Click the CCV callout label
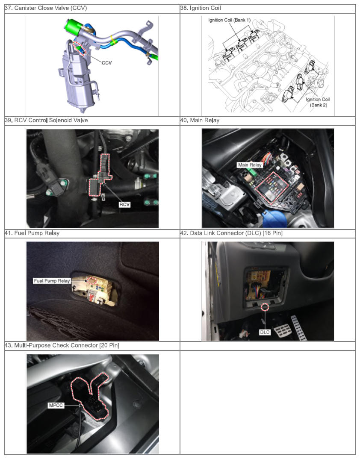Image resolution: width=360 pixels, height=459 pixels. coord(106,63)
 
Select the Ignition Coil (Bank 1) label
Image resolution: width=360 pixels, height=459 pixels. coord(229,20)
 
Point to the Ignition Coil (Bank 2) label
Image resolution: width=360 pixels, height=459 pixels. coord(318,102)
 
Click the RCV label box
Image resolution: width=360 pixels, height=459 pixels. coord(124,204)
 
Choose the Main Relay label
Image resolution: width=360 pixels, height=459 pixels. coord(250,165)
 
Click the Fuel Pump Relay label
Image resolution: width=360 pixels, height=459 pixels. coord(52,281)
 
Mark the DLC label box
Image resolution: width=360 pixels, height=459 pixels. coord(265,332)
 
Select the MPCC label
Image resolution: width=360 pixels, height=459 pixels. coord(56,405)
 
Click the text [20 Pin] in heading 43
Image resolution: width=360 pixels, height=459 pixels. coord(109,345)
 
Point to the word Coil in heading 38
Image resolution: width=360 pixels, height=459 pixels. coord(215,8)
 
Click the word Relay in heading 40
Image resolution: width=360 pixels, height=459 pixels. coord(212,121)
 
